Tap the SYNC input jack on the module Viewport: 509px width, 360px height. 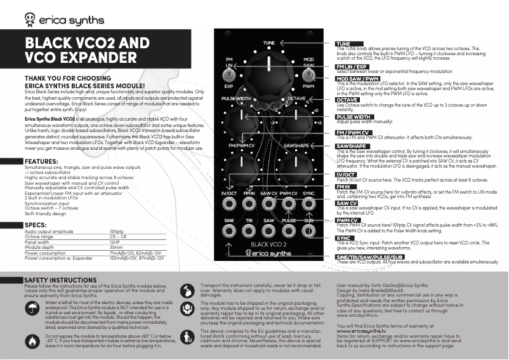point(308,204)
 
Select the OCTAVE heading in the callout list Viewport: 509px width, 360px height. point(348,100)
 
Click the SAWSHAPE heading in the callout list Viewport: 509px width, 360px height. point(351,146)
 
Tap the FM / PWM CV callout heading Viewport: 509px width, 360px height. point(352,132)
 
